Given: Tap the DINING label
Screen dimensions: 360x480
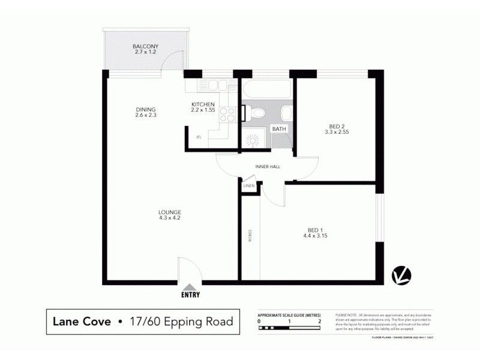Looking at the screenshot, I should (x=145, y=109).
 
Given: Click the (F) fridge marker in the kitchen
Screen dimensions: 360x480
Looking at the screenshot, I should (x=198, y=137).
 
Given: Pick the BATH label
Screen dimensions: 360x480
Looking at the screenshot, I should (x=279, y=128).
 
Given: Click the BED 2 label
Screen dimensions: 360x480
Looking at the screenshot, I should (x=335, y=126).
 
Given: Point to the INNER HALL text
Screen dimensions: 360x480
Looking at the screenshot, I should (x=267, y=167).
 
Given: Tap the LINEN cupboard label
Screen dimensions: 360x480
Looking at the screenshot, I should (x=249, y=186).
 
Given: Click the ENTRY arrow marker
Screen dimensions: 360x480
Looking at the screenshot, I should (x=190, y=288).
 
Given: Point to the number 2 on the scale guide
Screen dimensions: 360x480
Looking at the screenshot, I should (x=320, y=321).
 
